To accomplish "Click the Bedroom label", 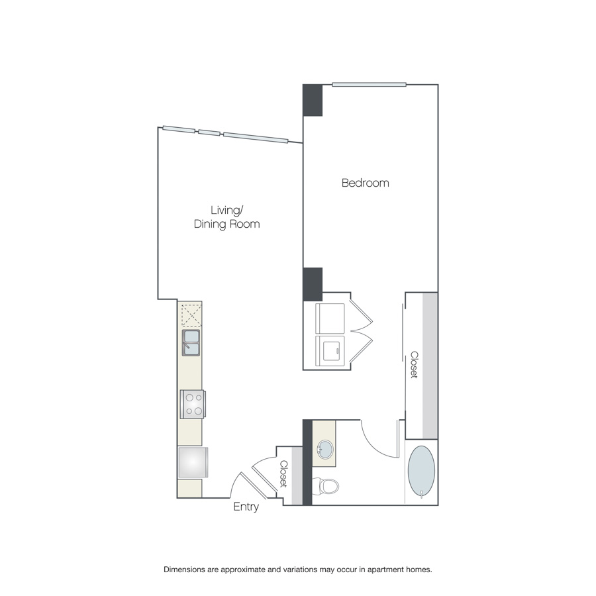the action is (366, 183).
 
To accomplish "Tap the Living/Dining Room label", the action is (227, 217).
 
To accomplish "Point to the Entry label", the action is (246, 507).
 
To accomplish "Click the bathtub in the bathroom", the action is (421, 472).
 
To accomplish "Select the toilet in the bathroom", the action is (325, 486).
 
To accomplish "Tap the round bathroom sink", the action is (324, 449).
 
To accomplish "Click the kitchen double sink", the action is (191, 343).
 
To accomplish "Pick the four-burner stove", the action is (193, 405).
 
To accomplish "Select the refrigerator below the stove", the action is (193, 462).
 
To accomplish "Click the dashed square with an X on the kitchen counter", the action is (191, 315).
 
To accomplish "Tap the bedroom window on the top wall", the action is (369, 84).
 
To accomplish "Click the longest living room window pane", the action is (256, 138).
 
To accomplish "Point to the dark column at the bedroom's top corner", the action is (313, 101).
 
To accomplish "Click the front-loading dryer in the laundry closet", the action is (330, 351).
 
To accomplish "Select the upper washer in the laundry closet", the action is (330, 319).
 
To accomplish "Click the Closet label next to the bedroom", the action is (415, 364).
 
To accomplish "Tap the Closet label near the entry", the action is (284, 474).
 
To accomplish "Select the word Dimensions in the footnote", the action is (184, 570).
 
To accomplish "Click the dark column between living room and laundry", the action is (313, 284).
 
